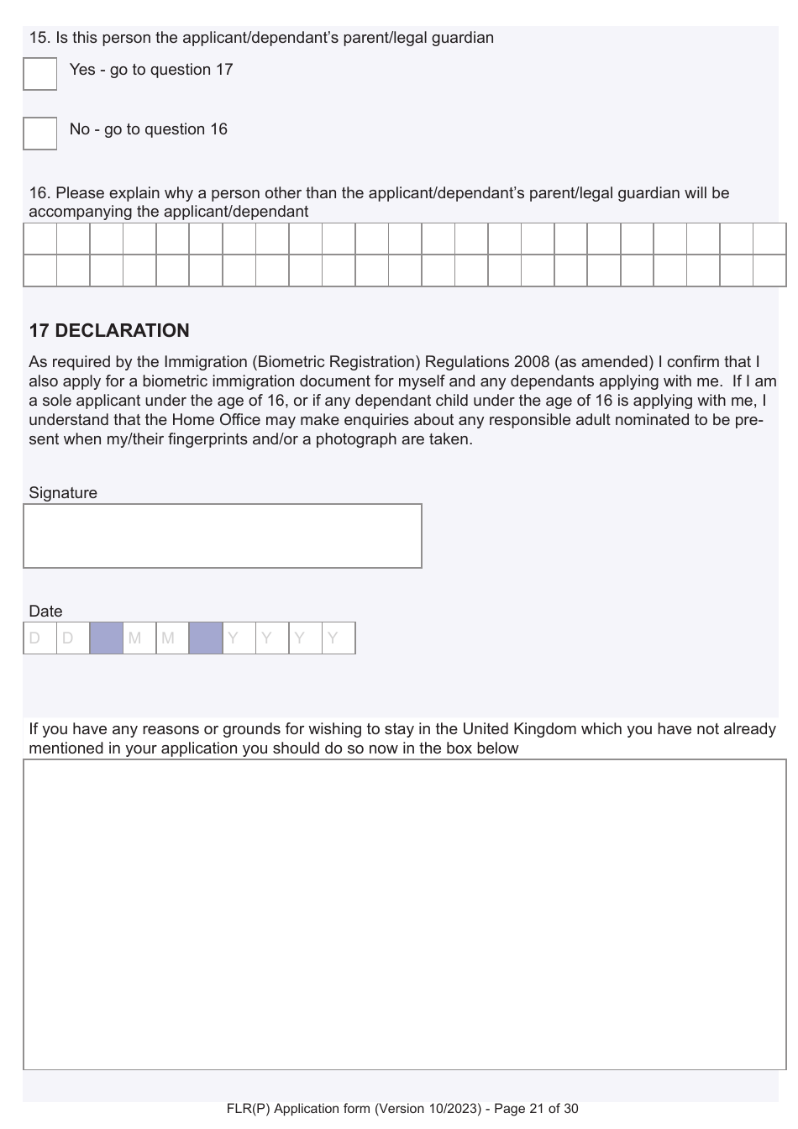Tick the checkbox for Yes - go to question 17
39,74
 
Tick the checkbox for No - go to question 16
39,134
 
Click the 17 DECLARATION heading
109,331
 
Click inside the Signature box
223,536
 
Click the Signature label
63,493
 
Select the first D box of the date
39,638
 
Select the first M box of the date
139,638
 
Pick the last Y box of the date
339,638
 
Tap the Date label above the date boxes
45,612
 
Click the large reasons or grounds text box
404,914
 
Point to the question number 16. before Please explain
39,193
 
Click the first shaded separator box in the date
106,638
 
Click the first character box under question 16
39,239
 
